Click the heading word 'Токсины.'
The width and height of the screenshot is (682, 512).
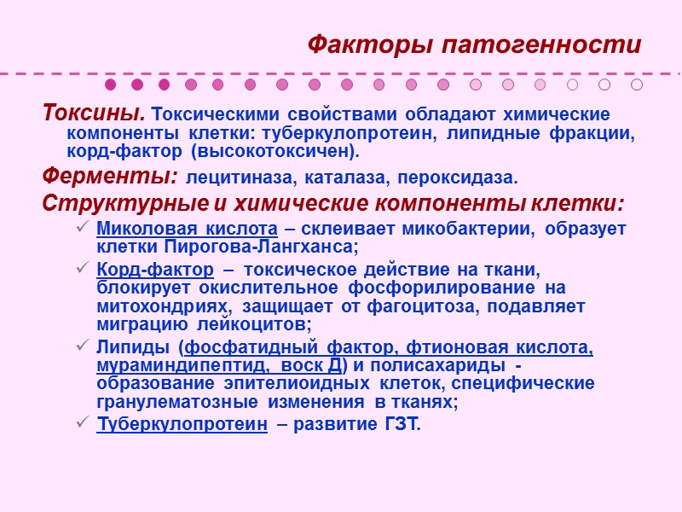[x=94, y=113]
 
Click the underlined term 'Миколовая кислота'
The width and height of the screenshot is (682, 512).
[x=188, y=229]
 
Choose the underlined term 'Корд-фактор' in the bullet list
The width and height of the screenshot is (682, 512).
[x=155, y=270]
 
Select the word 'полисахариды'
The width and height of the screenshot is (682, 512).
[x=448, y=365]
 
